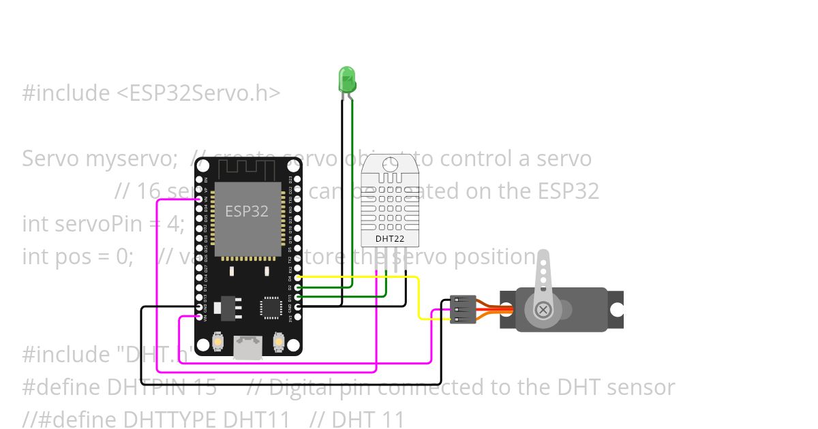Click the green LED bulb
click(x=346, y=79)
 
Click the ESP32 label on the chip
click(x=247, y=211)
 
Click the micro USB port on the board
click(x=247, y=347)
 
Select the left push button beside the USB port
click(x=218, y=340)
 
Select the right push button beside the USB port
click(x=277, y=340)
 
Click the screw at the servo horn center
click(x=543, y=310)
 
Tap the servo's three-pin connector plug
click(x=463, y=309)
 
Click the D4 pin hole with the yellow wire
click(x=297, y=277)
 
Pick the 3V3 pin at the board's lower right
click(x=297, y=317)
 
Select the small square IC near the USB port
click(x=271, y=308)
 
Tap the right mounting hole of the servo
click(x=616, y=310)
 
